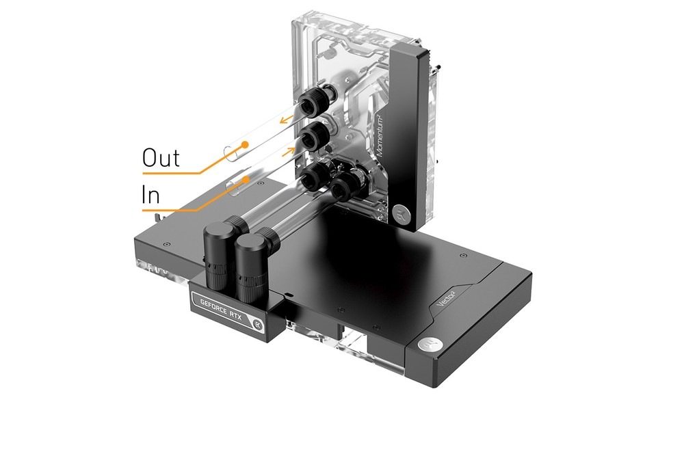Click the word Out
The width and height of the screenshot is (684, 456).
[161, 158]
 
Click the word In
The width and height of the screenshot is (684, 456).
[150, 195]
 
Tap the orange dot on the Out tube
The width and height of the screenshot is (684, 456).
[245, 144]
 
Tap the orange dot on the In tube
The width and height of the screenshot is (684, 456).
[246, 179]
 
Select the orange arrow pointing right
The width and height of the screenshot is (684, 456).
[289, 152]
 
